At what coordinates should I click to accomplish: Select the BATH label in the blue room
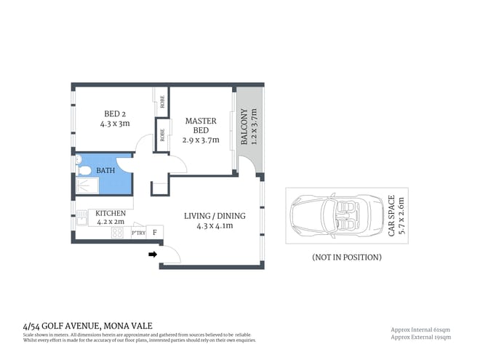click(x=106, y=171)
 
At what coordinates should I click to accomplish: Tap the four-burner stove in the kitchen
click(x=117, y=233)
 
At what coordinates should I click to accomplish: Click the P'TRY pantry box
click(x=137, y=233)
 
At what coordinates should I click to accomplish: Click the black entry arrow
click(x=153, y=255)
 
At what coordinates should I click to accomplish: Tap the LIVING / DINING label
click(x=215, y=220)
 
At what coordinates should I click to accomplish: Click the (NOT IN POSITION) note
click(x=346, y=257)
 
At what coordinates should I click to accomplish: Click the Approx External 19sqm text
click(x=421, y=337)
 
